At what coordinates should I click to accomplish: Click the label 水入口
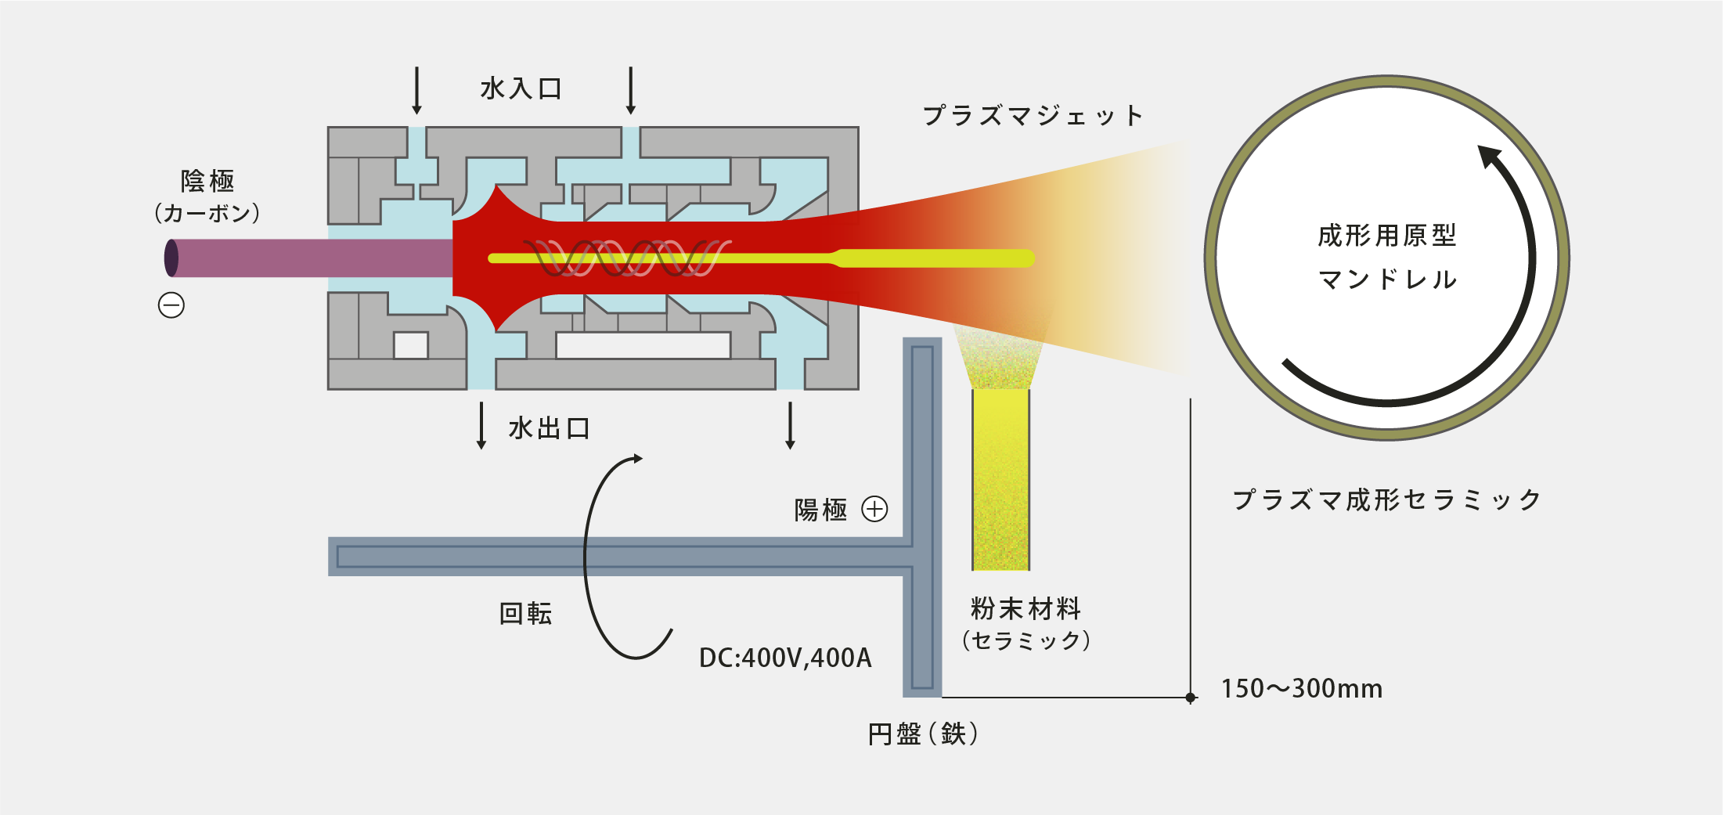[x=521, y=88]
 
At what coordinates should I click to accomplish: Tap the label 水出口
[x=549, y=428]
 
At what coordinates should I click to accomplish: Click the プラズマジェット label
[x=1033, y=116]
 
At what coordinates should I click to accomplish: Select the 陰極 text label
[x=207, y=181]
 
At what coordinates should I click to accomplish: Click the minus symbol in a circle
[x=171, y=305]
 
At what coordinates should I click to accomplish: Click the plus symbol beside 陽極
[x=874, y=509]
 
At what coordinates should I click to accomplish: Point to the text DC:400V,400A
[x=785, y=658]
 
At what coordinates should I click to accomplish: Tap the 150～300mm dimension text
[x=1302, y=688]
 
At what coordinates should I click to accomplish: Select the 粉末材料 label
[x=1026, y=608]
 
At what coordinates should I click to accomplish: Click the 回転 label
[x=525, y=613]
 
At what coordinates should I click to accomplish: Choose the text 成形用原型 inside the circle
[x=1387, y=235]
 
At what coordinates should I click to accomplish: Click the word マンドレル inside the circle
[x=1387, y=279]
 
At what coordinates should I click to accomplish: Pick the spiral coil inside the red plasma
[x=626, y=258]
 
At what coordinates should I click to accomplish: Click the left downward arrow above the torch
[x=417, y=91]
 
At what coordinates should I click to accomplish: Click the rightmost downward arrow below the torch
[x=790, y=425]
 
